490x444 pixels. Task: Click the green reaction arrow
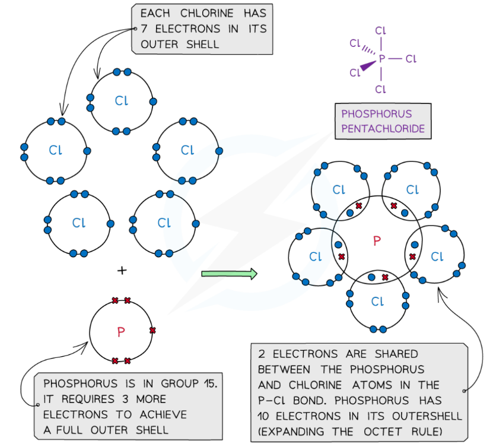[x=229, y=274]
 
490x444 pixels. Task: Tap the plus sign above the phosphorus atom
[x=122, y=270]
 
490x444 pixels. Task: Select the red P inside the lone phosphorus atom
[x=121, y=332]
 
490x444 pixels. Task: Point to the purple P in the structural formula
[x=381, y=59]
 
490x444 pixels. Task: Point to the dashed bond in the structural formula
[x=368, y=50]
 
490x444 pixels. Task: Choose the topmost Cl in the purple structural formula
[x=381, y=30]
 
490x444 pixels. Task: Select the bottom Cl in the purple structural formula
[x=381, y=89]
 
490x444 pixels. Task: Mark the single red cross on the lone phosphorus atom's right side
[x=152, y=330]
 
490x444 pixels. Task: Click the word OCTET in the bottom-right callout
[x=381, y=430]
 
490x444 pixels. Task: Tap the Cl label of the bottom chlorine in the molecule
[x=377, y=302]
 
